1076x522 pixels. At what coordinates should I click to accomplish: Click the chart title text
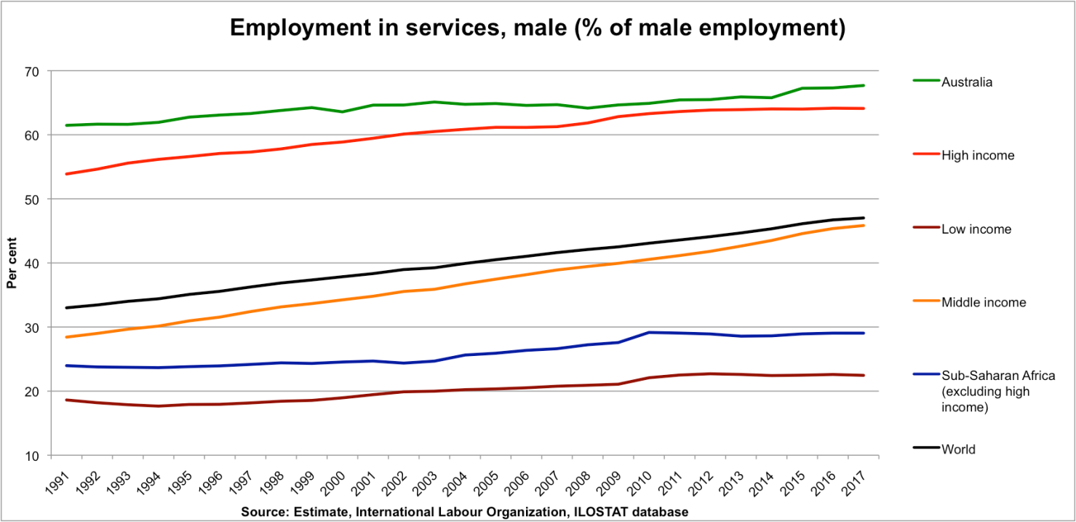pyautogui.click(x=538, y=28)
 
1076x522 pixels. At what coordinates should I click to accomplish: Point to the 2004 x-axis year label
pyautogui.click(x=454, y=479)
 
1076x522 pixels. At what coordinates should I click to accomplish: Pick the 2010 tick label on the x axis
pyautogui.click(x=638, y=479)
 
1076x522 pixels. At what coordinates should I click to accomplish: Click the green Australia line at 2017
pyautogui.click(x=863, y=85)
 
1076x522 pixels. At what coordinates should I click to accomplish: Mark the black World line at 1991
pyautogui.click(x=65, y=307)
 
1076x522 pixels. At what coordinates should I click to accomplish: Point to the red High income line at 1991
pyautogui.click(x=65, y=174)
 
